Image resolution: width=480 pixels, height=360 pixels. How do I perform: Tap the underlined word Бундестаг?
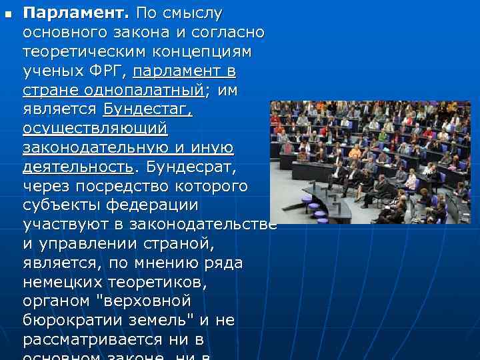point(147,109)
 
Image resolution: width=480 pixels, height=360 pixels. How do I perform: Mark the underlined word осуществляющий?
point(95,128)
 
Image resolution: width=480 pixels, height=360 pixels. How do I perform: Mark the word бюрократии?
point(77,320)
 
